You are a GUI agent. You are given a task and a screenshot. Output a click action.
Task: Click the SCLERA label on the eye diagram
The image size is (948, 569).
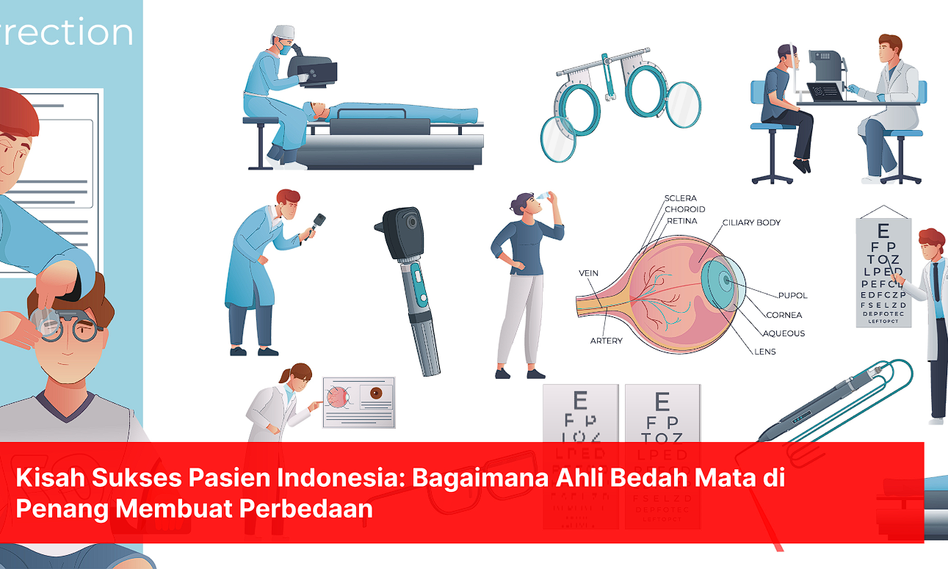(680, 198)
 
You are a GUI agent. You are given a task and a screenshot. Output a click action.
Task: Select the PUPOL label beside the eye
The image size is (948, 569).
(792, 295)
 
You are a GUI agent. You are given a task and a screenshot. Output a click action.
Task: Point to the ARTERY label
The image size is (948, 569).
(606, 341)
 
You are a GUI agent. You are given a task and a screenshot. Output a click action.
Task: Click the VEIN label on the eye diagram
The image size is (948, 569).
(588, 273)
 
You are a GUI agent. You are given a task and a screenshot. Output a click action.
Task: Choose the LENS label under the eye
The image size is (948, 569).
(764, 352)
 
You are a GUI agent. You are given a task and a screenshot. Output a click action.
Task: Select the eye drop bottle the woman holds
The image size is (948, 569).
(543, 195)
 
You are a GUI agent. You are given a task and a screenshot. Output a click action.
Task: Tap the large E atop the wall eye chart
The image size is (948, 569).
(883, 230)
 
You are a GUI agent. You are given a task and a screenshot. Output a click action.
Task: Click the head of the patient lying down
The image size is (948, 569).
(318, 111)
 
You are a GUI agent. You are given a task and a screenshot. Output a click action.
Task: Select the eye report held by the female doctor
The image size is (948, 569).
(359, 402)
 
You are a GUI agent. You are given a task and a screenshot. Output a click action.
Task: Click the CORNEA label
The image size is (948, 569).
(784, 315)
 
